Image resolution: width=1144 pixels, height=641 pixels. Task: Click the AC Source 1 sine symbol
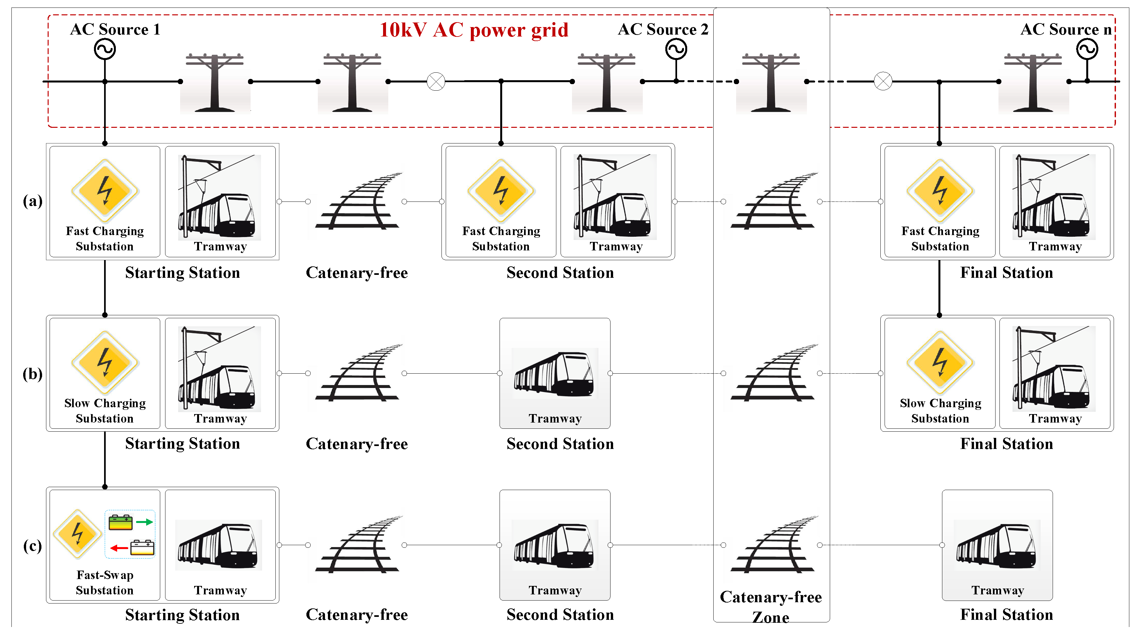pyautogui.click(x=105, y=49)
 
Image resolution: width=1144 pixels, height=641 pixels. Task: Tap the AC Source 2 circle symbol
pyautogui.click(x=676, y=49)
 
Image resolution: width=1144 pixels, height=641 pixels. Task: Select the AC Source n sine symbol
pyautogui.click(x=1087, y=49)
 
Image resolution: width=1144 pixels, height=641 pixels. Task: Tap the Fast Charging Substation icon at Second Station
pyautogui.click(x=501, y=191)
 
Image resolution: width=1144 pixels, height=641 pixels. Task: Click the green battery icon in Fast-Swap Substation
pyautogui.click(x=120, y=522)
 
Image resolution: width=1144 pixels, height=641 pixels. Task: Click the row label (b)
pyautogui.click(x=32, y=374)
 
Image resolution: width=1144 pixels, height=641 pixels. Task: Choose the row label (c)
pyautogui.click(x=32, y=545)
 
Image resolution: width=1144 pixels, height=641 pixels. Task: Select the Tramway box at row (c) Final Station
pyautogui.click(x=997, y=545)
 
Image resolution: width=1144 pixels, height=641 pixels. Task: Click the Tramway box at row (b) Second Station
pyautogui.click(x=555, y=373)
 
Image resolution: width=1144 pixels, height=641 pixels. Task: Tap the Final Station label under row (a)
pyautogui.click(x=1006, y=273)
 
